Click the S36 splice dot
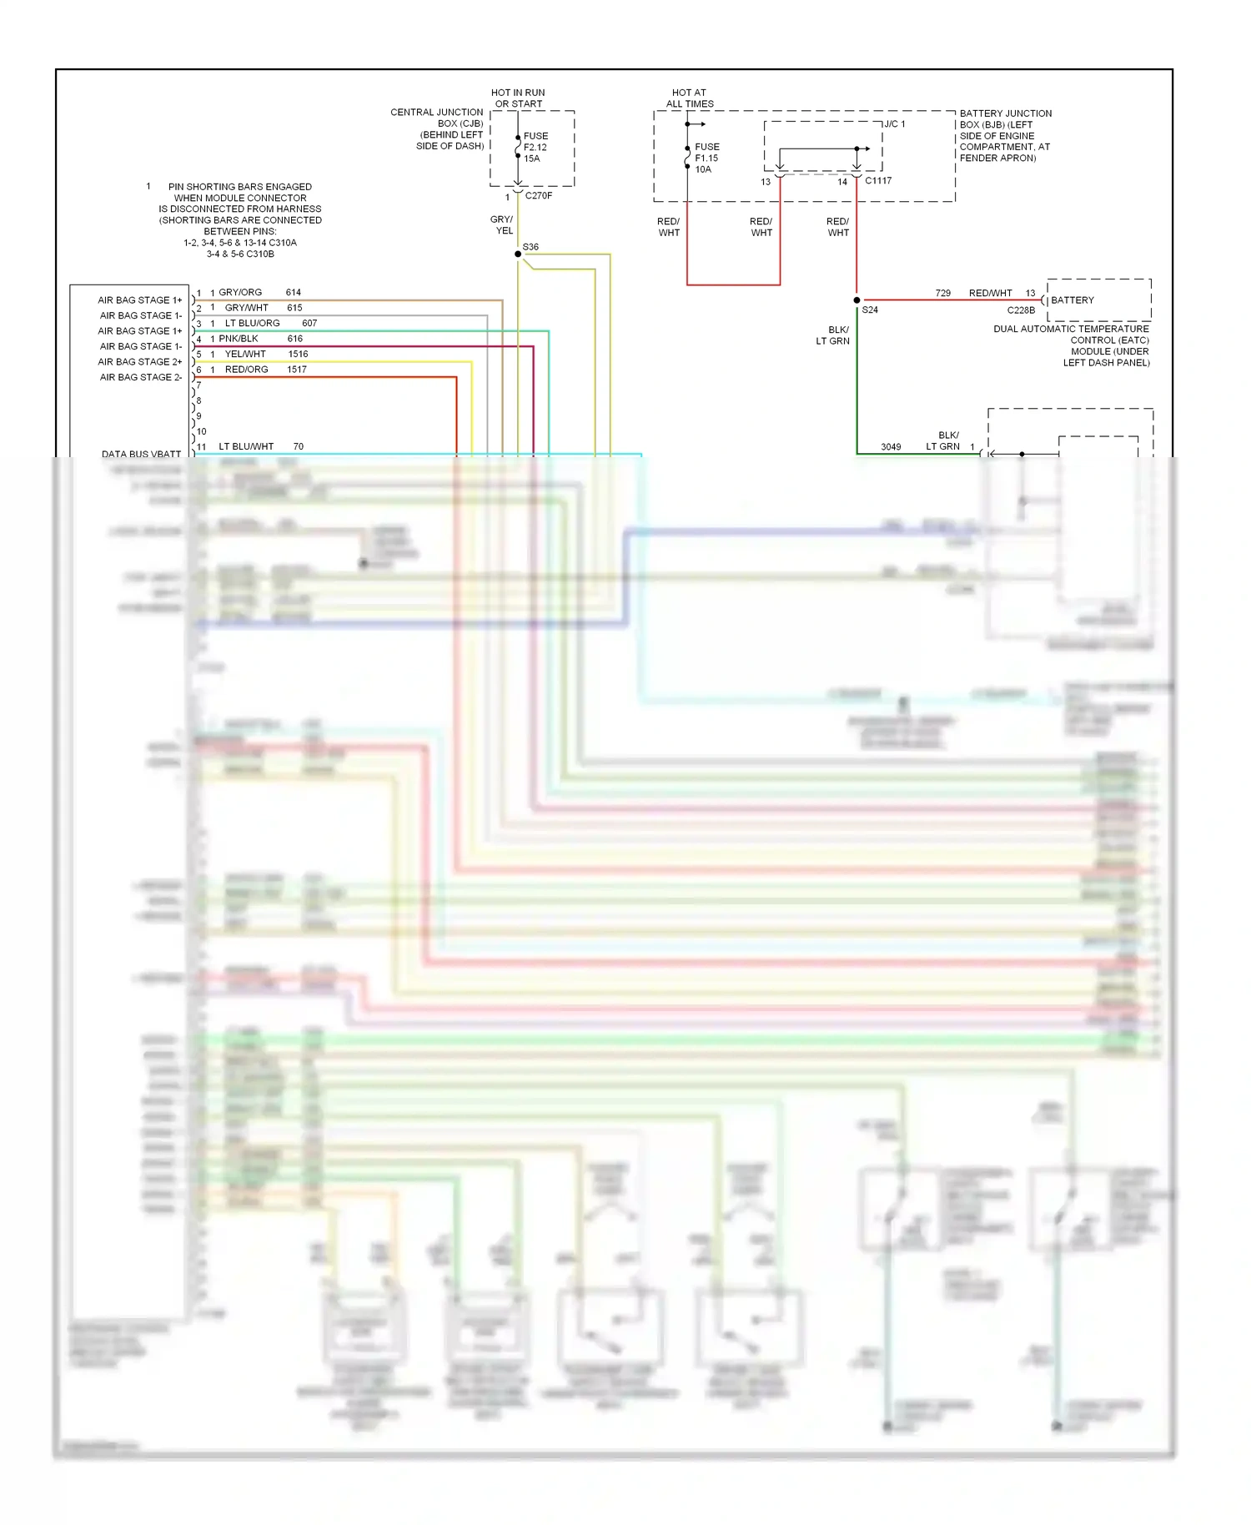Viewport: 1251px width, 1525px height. point(518,254)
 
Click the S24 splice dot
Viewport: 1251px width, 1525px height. point(857,300)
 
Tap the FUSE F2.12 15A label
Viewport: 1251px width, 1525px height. point(535,147)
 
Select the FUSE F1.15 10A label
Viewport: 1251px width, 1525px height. point(706,158)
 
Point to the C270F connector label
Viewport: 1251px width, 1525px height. point(539,196)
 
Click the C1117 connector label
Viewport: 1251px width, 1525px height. point(878,181)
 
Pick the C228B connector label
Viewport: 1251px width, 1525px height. point(1021,310)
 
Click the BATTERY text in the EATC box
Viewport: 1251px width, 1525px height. point(1073,300)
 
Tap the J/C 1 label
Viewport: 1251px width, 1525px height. point(895,124)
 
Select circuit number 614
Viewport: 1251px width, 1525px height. point(294,293)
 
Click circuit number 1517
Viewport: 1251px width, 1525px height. point(297,370)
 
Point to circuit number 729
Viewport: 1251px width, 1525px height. point(943,294)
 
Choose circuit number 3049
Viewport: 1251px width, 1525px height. point(891,447)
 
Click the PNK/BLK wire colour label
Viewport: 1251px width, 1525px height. point(239,339)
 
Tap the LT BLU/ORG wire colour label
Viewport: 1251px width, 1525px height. point(253,324)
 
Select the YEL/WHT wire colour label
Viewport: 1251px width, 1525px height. point(245,355)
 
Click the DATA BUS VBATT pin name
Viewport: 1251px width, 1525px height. point(141,455)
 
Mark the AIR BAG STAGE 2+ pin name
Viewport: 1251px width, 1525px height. point(140,362)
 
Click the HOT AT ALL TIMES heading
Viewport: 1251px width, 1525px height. point(690,98)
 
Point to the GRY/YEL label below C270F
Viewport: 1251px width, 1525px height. point(502,225)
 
